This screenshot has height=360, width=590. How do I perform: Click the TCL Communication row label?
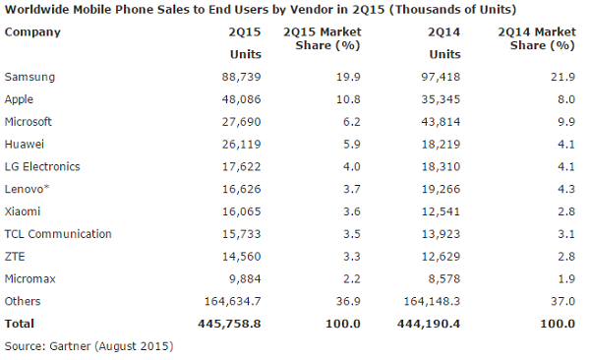[x=58, y=234]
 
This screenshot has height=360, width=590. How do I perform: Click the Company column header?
[x=32, y=31]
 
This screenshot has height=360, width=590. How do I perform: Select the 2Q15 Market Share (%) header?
[x=319, y=39]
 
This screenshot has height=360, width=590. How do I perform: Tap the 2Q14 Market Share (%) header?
[x=532, y=39]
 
